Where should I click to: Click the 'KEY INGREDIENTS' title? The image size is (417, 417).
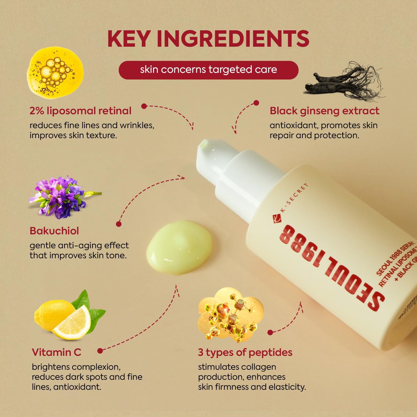pos(208,39)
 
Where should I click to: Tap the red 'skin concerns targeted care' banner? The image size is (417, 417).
pos(208,70)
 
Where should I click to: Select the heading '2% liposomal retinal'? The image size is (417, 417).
pos(80,111)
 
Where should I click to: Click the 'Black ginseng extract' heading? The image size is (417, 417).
pos(324,111)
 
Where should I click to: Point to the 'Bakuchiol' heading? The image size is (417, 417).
pos(54,231)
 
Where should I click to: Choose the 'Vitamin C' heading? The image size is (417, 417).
pos(56,353)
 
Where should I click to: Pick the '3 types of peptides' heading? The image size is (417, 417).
pos(245,353)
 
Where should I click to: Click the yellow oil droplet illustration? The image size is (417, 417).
pos(55,72)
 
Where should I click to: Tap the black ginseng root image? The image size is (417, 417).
pos(345,82)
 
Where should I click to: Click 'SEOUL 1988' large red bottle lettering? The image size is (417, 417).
pos(331,267)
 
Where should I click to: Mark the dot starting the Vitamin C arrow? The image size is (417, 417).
pos(100,351)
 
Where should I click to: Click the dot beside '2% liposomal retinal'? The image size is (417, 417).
pos(144,106)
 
